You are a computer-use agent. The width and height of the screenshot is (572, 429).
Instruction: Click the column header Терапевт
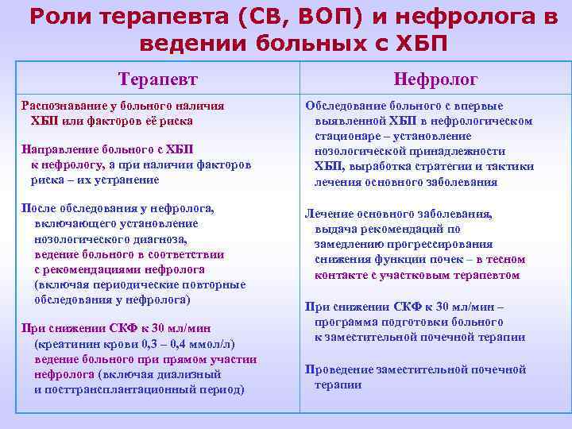pyautogui.click(x=157, y=78)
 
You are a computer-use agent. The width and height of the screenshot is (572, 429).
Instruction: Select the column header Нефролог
pyautogui.click(x=436, y=78)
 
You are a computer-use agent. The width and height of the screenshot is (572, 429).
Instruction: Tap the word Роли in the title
pyautogui.click(x=60, y=17)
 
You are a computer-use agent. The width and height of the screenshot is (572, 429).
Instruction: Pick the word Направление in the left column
pyautogui.click(x=60, y=149)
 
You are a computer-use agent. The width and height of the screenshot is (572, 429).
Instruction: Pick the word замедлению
pyautogui.click(x=352, y=245)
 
